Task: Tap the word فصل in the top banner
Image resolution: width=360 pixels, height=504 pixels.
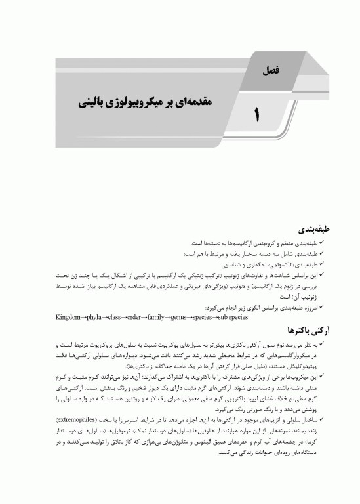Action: point(270,66)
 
